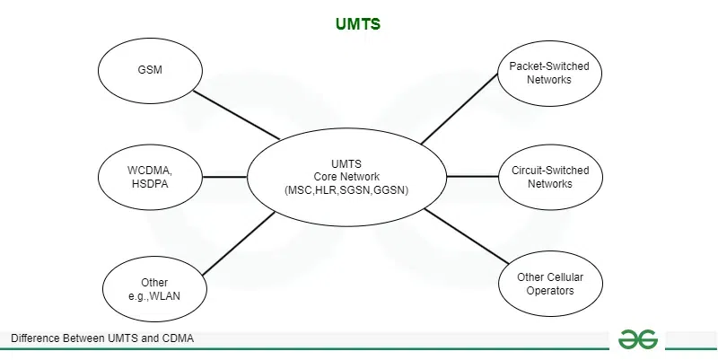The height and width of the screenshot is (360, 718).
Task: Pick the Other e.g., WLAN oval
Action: tap(153, 289)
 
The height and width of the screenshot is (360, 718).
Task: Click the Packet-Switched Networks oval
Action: tap(550, 73)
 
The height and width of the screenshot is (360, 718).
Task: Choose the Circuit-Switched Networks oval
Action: tap(550, 176)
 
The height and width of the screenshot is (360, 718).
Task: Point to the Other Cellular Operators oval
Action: tap(550, 284)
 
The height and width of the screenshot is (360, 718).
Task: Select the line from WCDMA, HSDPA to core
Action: tap(225, 177)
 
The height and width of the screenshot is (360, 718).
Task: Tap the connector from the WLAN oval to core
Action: tap(239, 244)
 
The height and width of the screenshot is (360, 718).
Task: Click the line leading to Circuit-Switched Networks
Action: tap(472, 177)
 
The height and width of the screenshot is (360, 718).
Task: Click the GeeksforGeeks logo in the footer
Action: tap(637, 339)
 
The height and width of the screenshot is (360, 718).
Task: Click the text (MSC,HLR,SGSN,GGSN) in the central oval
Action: tap(346, 190)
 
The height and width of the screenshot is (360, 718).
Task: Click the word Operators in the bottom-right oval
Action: tap(550, 291)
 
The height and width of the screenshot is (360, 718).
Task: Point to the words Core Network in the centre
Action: tap(346, 177)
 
